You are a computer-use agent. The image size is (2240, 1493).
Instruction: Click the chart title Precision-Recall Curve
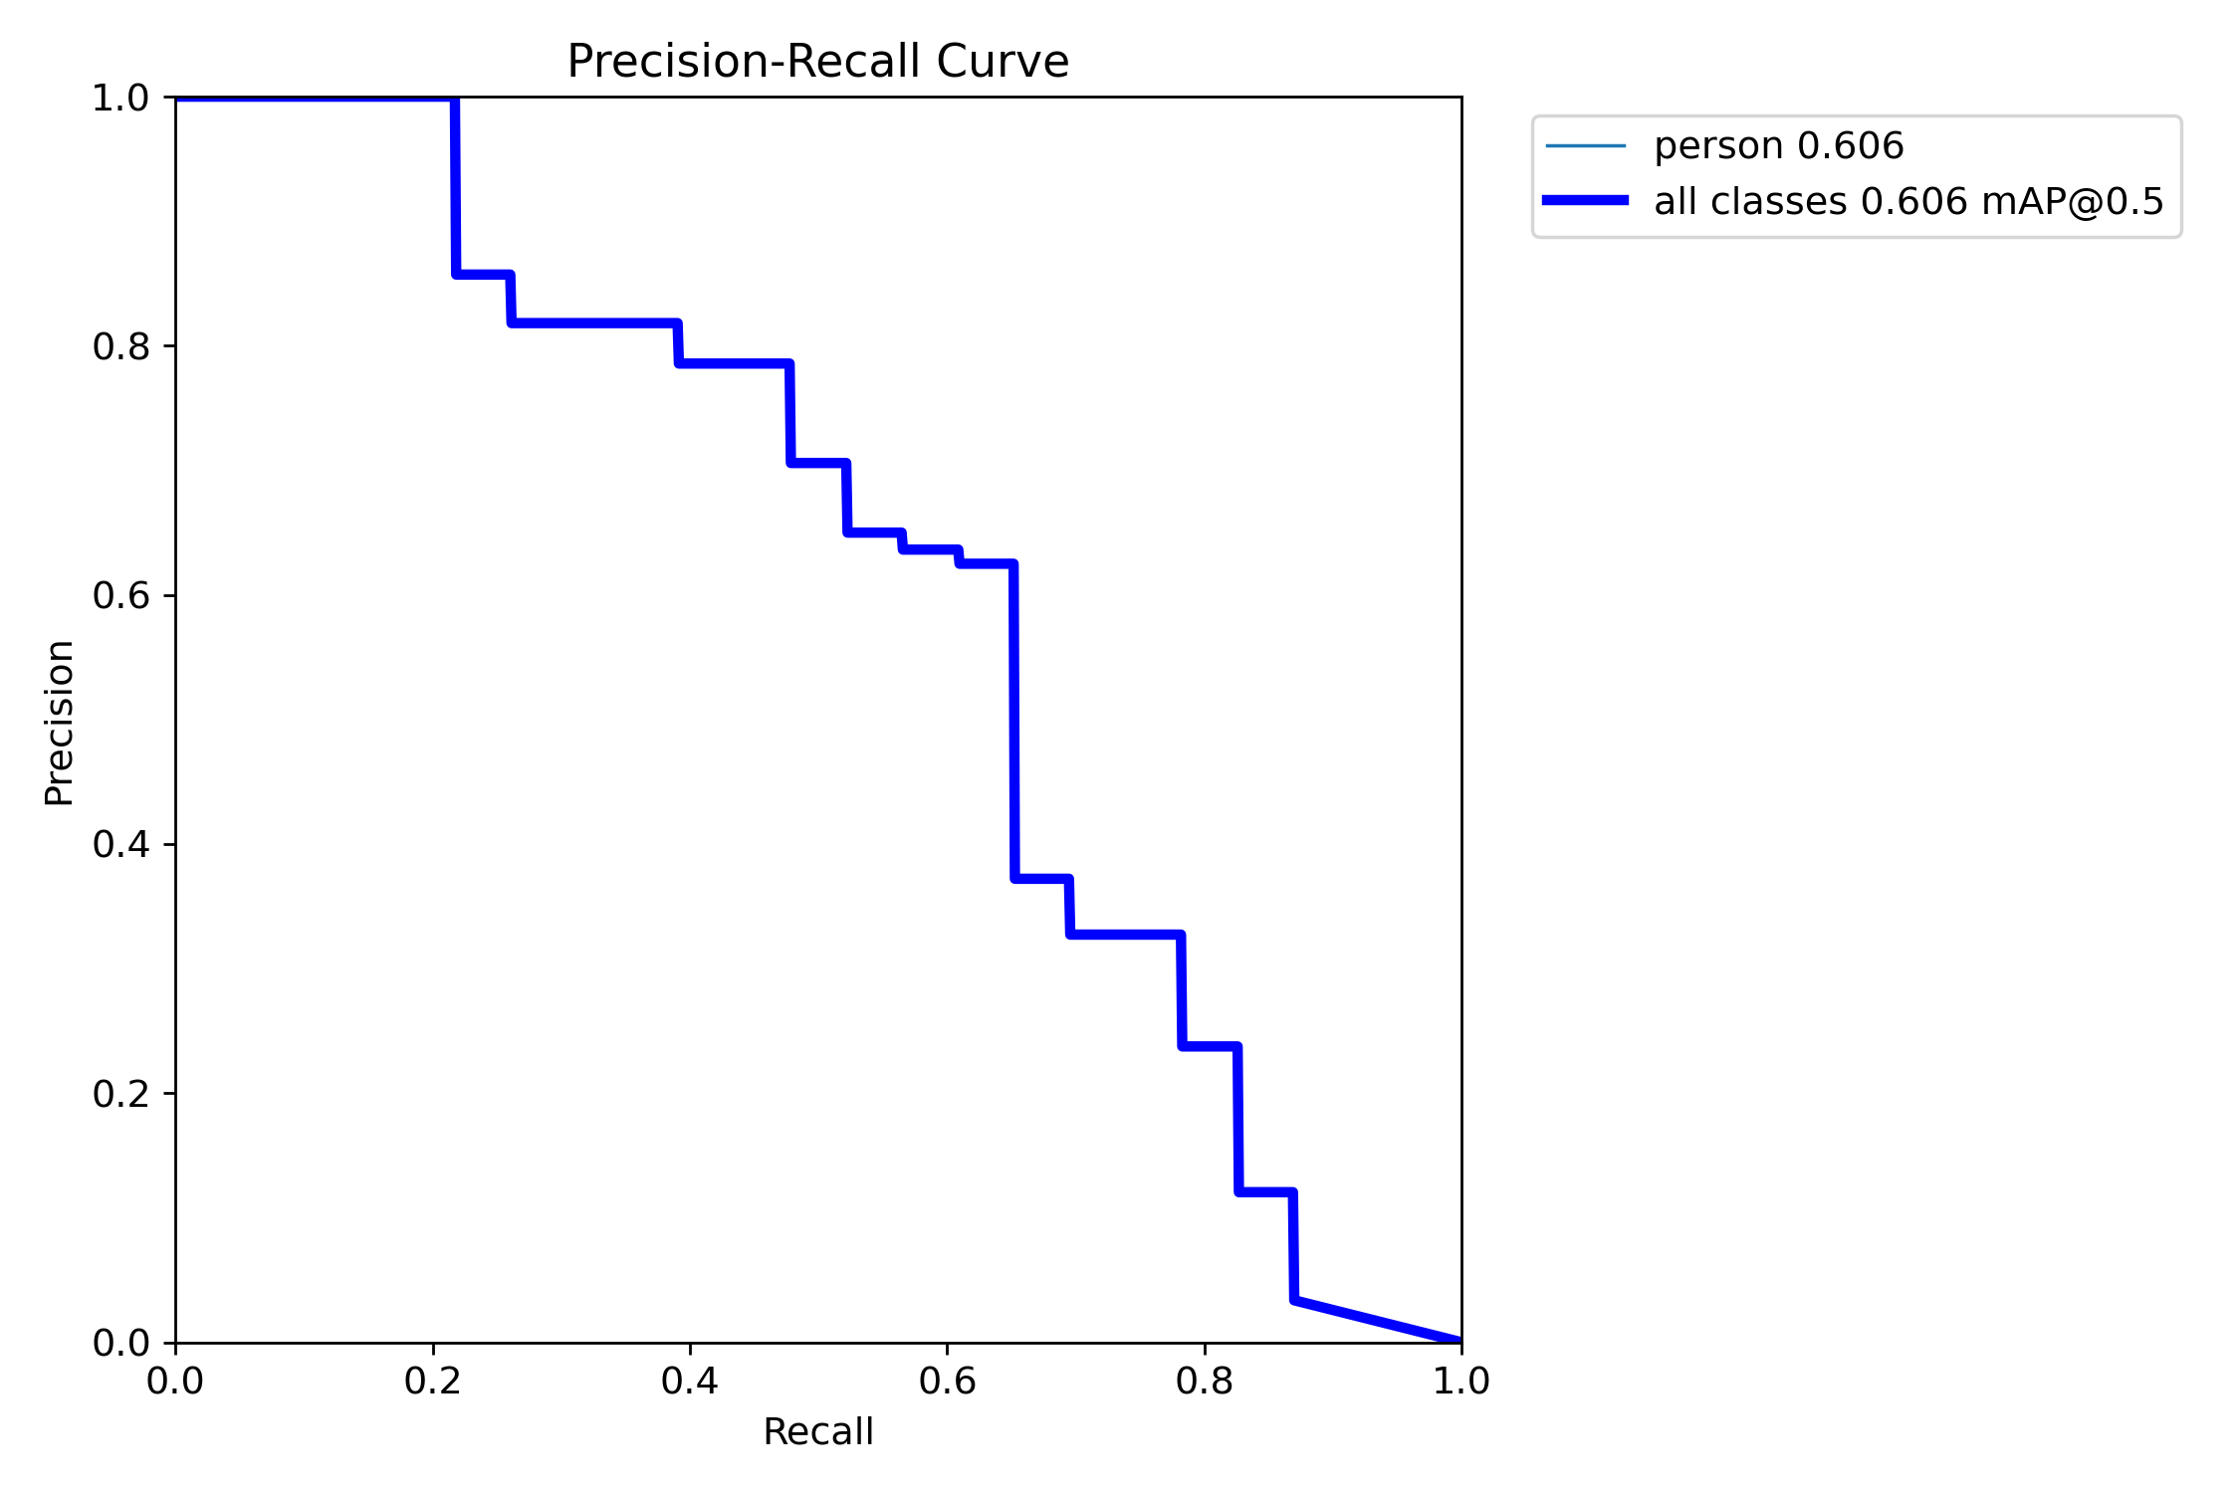tap(817, 62)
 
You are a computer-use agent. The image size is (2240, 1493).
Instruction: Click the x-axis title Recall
tap(817, 1432)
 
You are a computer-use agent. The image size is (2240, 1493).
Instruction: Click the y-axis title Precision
tap(60, 722)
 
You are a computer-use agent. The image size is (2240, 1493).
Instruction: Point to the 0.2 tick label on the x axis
tap(433, 1382)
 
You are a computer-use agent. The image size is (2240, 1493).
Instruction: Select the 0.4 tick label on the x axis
tap(690, 1382)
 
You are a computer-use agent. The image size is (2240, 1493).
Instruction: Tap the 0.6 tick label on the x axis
tap(947, 1382)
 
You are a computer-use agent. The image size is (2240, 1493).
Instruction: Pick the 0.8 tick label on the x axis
tap(1205, 1382)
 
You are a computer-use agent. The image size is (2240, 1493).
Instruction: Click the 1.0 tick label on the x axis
tap(1460, 1382)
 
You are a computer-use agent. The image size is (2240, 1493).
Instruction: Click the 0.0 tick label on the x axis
tap(175, 1382)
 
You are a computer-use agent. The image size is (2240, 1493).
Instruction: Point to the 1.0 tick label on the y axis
tap(120, 99)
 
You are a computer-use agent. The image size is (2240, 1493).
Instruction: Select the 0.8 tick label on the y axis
tap(120, 347)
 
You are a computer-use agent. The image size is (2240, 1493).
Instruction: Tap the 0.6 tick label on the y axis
tap(120, 596)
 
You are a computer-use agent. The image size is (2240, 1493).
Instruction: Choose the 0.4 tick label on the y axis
tap(120, 845)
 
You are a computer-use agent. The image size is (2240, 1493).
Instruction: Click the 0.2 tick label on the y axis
tap(120, 1094)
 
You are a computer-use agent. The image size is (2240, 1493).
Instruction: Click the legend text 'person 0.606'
tap(1778, 146)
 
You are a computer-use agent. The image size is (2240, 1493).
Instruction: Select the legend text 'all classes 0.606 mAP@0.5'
tap(1908, 202)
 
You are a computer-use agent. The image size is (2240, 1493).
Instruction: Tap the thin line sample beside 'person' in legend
tap(1585, 146)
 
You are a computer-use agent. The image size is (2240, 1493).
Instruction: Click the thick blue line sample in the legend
tap(1585, 201)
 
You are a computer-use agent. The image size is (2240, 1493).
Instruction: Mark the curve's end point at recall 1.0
tap(1460, 1341)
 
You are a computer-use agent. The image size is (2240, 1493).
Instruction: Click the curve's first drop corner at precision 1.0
tap(455, 99)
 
